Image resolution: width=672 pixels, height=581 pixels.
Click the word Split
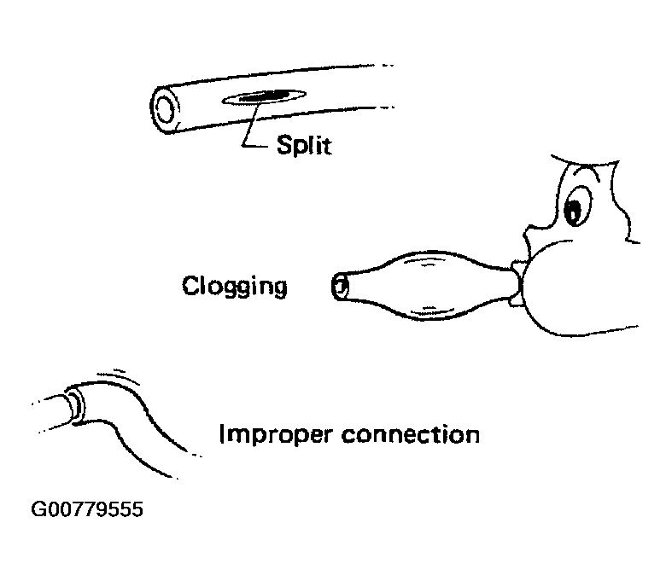tap(303, 146)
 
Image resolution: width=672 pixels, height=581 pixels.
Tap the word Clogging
tap(234, 287)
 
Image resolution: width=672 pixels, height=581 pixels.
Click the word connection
tap(410, 434)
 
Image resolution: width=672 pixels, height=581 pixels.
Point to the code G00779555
tap(86, 511)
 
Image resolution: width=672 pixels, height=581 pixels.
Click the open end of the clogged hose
tap(341, 286)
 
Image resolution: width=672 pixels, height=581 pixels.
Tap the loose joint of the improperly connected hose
tap(77, 401)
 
